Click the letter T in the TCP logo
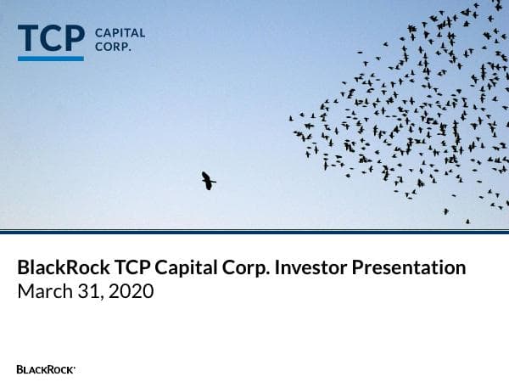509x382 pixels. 29,39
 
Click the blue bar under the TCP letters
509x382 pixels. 51,59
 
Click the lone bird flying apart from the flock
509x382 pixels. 208,180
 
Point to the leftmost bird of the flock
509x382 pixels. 291,117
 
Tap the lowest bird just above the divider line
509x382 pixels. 467,222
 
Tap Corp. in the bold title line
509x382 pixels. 245,268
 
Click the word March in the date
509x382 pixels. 42,291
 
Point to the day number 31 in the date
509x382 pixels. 86,291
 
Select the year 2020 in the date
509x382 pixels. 129,291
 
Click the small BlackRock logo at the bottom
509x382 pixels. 46,369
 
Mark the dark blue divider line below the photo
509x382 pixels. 255,231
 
